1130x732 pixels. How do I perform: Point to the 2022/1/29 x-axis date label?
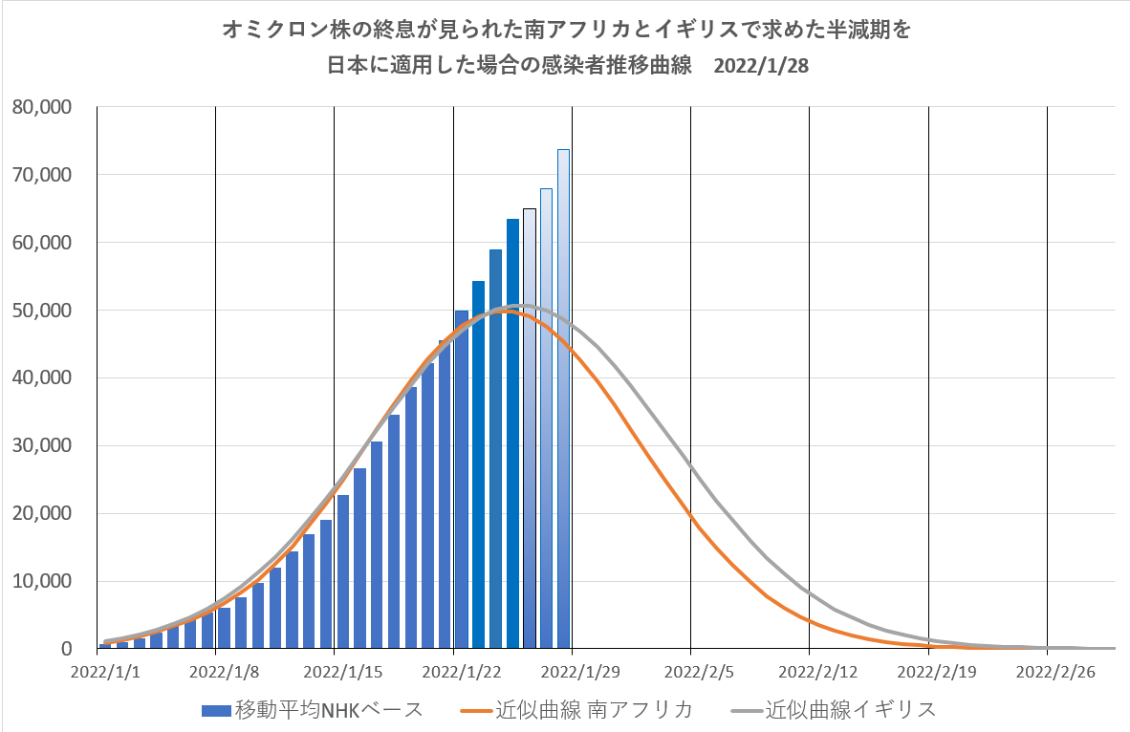tap(572, 673)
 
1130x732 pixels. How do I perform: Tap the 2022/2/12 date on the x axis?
tap(810, 673)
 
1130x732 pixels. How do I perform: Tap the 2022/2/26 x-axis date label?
tap(1048, 673)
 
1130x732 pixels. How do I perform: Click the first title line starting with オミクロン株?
tap(566, 32)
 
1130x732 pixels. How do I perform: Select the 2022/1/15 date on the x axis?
tap(334, 673)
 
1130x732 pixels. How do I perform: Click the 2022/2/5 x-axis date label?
tap(690, 673)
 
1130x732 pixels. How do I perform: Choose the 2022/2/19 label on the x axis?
tap(929, 673)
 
